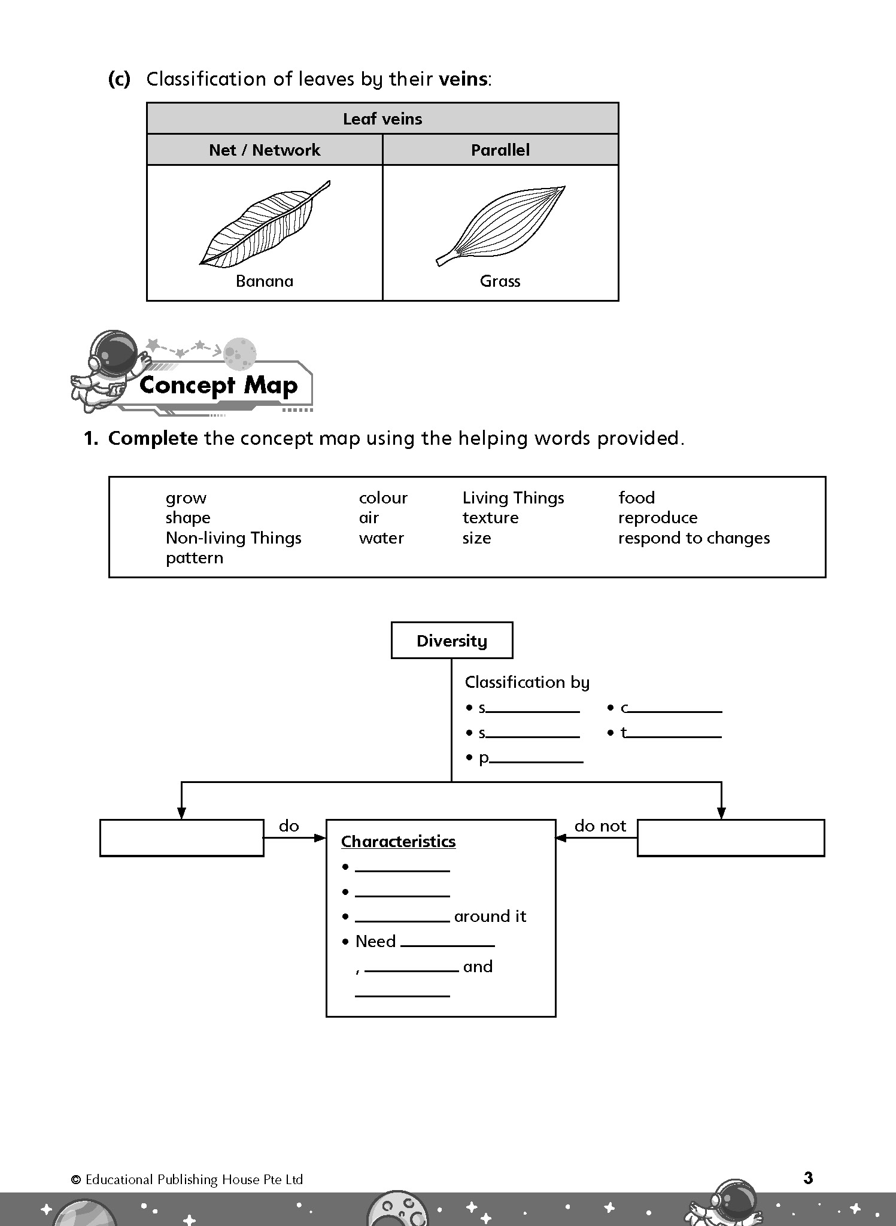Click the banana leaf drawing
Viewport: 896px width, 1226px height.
(264, 224)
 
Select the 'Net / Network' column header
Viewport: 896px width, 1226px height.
(265, 150)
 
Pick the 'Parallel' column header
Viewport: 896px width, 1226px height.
(500, 150)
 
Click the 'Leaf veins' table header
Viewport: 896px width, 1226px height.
(382, 119)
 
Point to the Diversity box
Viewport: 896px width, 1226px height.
(452, 641)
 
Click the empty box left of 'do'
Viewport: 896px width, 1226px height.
(182, 838)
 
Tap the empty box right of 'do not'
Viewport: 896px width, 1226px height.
(731, 838)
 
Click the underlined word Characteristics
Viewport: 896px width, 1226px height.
(398, 842)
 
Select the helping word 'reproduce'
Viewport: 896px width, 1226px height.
(658, 518)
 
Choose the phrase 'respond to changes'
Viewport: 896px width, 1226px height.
(694, 538)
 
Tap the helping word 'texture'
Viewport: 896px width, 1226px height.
(490, 518)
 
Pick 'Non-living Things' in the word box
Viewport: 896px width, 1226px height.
(233, 538)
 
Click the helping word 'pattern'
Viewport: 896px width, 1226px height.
(195, 558)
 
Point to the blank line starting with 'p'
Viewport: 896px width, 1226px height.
(536, 759)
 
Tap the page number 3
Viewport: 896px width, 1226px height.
(808, 1178)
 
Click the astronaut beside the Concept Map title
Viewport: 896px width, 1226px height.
(108, 368)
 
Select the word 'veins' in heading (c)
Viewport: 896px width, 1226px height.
(463, 79)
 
